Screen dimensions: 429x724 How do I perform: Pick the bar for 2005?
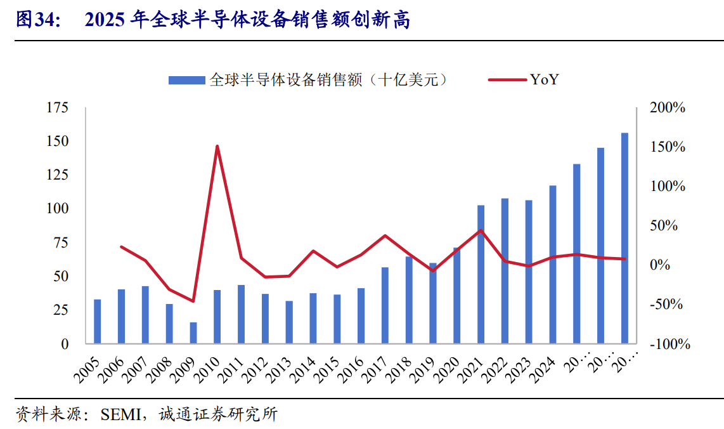pos(98,321)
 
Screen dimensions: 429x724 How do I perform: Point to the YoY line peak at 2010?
pos(217,146)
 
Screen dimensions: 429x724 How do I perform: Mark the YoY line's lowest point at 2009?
pos(193,301)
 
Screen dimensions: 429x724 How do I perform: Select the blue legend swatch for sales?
pos(187,80)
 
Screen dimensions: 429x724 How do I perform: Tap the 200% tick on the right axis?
pos(668,108)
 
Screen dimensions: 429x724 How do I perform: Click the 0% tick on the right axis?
pos(661,265)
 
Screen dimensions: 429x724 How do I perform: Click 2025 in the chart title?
pos(105,20)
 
